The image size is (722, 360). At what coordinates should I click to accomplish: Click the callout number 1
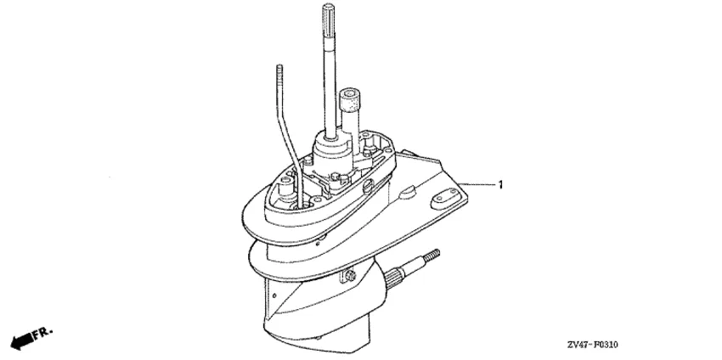(500, 185)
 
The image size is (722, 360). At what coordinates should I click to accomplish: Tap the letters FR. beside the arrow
(43, 332)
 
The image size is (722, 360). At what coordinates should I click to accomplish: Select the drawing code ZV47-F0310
(593, 345)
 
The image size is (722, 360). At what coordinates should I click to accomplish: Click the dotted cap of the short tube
(348, 99)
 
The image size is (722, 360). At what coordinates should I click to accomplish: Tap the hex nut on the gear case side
(351, 277)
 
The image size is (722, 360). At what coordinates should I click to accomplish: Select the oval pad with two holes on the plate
(440, 199)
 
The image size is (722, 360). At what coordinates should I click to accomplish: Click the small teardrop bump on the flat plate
(407, 192)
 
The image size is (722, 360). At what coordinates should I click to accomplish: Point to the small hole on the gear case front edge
(274, 295)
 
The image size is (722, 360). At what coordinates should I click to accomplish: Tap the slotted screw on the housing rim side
(369, 188)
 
